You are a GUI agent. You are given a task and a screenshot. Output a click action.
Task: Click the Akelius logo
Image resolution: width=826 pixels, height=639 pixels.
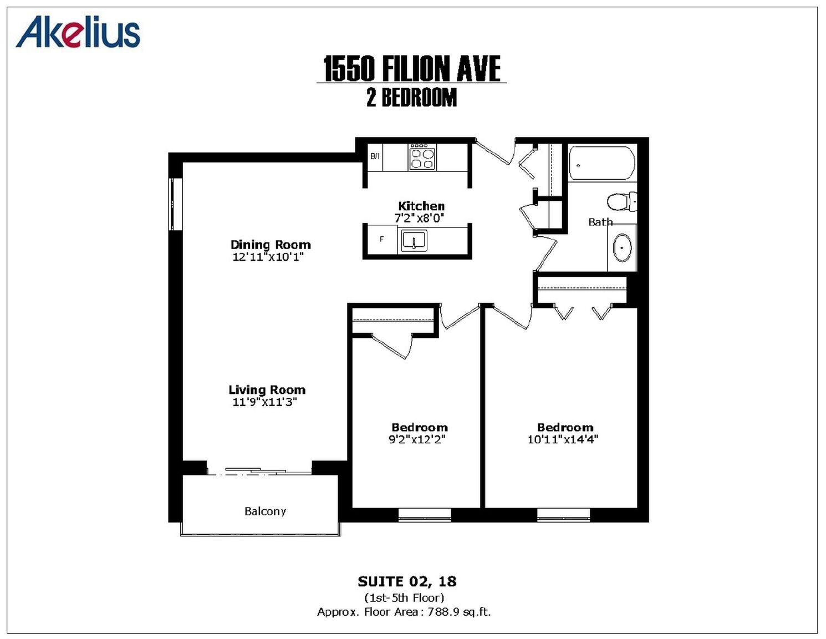[x=78, y=32]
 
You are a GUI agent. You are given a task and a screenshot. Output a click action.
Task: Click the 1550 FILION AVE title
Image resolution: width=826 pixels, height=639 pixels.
[x=412, y=69]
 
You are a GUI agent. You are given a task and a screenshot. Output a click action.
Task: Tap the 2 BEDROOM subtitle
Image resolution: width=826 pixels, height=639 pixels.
[x=412, y=98]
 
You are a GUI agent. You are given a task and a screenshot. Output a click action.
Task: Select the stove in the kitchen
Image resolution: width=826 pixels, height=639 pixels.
[x=422, y=157]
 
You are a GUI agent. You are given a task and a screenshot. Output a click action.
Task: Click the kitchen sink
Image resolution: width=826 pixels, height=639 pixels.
[x=414, y=240]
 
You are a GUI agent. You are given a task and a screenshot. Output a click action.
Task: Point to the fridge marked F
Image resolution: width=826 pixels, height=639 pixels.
[x=382, y=239]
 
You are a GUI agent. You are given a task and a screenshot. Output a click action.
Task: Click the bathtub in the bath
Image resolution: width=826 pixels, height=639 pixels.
[x=601, y=163]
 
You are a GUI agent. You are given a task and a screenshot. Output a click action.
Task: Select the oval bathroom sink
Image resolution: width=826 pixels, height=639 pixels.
[x=622, y=247]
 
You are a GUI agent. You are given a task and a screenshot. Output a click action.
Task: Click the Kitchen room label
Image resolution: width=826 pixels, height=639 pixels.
[x=421, y=206]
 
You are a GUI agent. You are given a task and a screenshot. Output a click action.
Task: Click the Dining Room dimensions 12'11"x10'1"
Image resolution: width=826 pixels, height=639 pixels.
[x=268, y=257]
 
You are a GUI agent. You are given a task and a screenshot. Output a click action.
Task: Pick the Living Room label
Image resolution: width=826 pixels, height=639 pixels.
[x=267, y=390]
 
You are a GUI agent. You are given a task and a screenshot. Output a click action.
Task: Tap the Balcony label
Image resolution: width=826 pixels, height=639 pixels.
[x=265, y=511]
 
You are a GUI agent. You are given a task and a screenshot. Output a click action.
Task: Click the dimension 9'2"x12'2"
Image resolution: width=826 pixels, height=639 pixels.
[x=417, y=439]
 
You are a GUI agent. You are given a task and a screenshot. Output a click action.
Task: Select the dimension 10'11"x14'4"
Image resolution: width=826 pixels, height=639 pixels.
[x=563, y=439]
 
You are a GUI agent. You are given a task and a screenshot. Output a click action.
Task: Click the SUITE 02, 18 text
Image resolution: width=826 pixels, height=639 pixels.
[x=407, y=581]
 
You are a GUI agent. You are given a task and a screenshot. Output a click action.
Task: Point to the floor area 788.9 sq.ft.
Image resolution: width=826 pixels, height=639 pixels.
[x=460, y=612]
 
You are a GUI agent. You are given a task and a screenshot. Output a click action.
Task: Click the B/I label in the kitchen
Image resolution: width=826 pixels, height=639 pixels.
[x=375, y=156]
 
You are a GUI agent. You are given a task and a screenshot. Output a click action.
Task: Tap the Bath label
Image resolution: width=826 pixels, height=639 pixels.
[x=600, y=222]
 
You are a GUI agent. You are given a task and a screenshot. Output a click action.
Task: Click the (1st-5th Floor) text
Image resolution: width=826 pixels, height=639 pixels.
[x=404, y=597]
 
